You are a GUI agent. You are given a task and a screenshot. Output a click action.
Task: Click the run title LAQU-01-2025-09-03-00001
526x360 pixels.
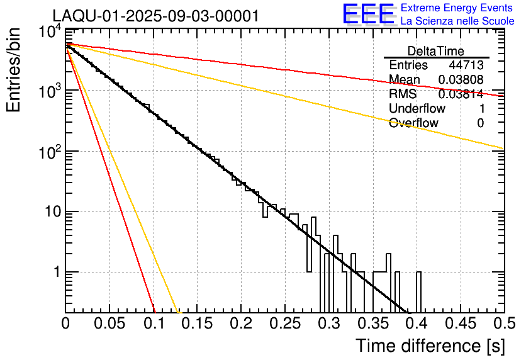[155, 16]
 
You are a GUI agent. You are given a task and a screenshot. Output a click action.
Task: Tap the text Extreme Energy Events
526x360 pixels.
[457, 8]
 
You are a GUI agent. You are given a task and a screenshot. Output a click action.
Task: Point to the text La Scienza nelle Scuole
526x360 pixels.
[457, 21]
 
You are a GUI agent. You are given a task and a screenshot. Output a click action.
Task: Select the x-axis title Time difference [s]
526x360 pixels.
[429, 346]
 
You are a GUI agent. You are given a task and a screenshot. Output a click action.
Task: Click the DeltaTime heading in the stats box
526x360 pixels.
[436, 51]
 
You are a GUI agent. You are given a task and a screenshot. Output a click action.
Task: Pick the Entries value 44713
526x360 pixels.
[466, 65]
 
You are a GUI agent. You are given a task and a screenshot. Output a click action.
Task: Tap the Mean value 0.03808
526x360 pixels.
[461, 80]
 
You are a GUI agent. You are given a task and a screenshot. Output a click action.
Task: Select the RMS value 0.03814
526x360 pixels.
[461, 94]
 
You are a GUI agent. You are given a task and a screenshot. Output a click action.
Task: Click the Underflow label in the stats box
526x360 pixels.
[417, 108]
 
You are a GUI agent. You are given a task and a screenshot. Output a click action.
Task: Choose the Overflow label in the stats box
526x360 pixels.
[413, 123]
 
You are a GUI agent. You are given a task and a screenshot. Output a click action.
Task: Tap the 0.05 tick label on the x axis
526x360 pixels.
[110, 323]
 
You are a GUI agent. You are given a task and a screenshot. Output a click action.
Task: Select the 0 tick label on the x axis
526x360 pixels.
[66, 323]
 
